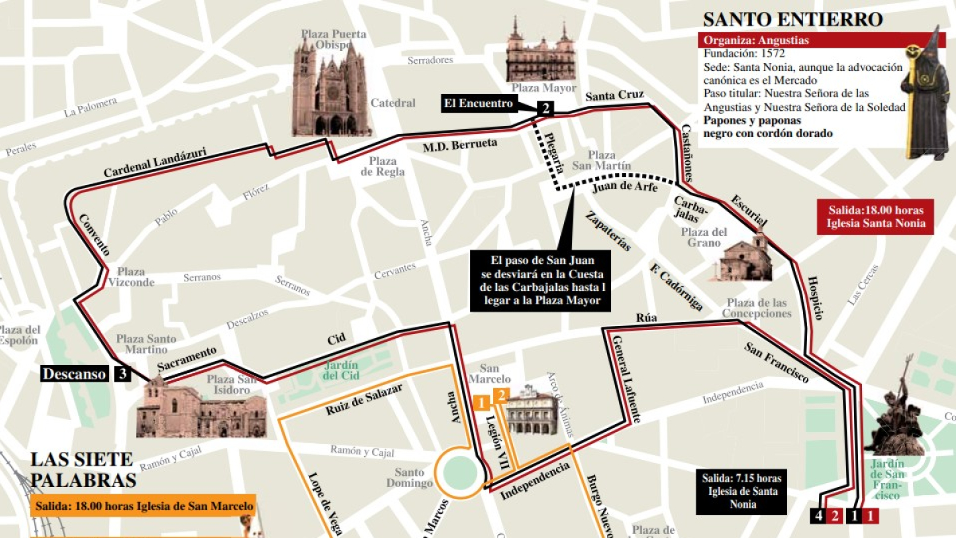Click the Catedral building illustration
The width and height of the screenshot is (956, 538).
[x=331, y=88]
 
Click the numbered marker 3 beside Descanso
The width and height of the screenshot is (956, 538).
[x=121, y=373]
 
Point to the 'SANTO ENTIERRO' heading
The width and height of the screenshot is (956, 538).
[x=792, y=19]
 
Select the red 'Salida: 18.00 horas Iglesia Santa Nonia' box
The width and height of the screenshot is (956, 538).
[x=875, y=216]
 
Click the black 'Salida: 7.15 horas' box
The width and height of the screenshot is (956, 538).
[x=742, y=490]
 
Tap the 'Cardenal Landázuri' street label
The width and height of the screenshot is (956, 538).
[x=155, y=162]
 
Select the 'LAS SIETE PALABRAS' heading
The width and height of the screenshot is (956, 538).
[x=83, y=469]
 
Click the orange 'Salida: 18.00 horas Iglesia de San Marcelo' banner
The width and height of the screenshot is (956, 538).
[x=143, y=506]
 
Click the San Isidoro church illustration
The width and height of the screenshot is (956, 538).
[x=200, y=410]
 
